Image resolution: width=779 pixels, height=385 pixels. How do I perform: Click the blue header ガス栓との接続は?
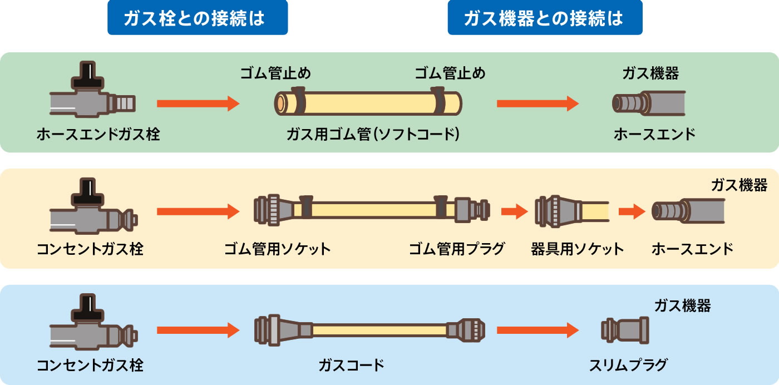[x=197, y=18]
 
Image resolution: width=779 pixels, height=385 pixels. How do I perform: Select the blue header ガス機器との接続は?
[x=544, y=18]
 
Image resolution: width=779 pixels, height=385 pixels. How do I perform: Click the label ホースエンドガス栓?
[x=98, y=134]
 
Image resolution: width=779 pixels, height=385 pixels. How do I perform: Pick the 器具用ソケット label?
[x=577, y=249]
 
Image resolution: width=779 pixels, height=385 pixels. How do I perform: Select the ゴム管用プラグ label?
[x=456, y=249]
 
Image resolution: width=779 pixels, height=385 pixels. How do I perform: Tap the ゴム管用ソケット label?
[x=277, y=249]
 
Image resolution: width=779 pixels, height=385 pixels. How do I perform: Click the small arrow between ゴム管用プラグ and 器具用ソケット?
[x=514, y=211]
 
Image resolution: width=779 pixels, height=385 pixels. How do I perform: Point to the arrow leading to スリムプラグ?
[x=537, y=330]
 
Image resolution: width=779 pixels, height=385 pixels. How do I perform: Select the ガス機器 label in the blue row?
[x=682, y=305]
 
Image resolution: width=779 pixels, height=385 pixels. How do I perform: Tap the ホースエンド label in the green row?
[x=654, y=134]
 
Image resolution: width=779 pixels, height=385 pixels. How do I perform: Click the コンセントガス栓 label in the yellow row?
[x=90, y=249]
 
